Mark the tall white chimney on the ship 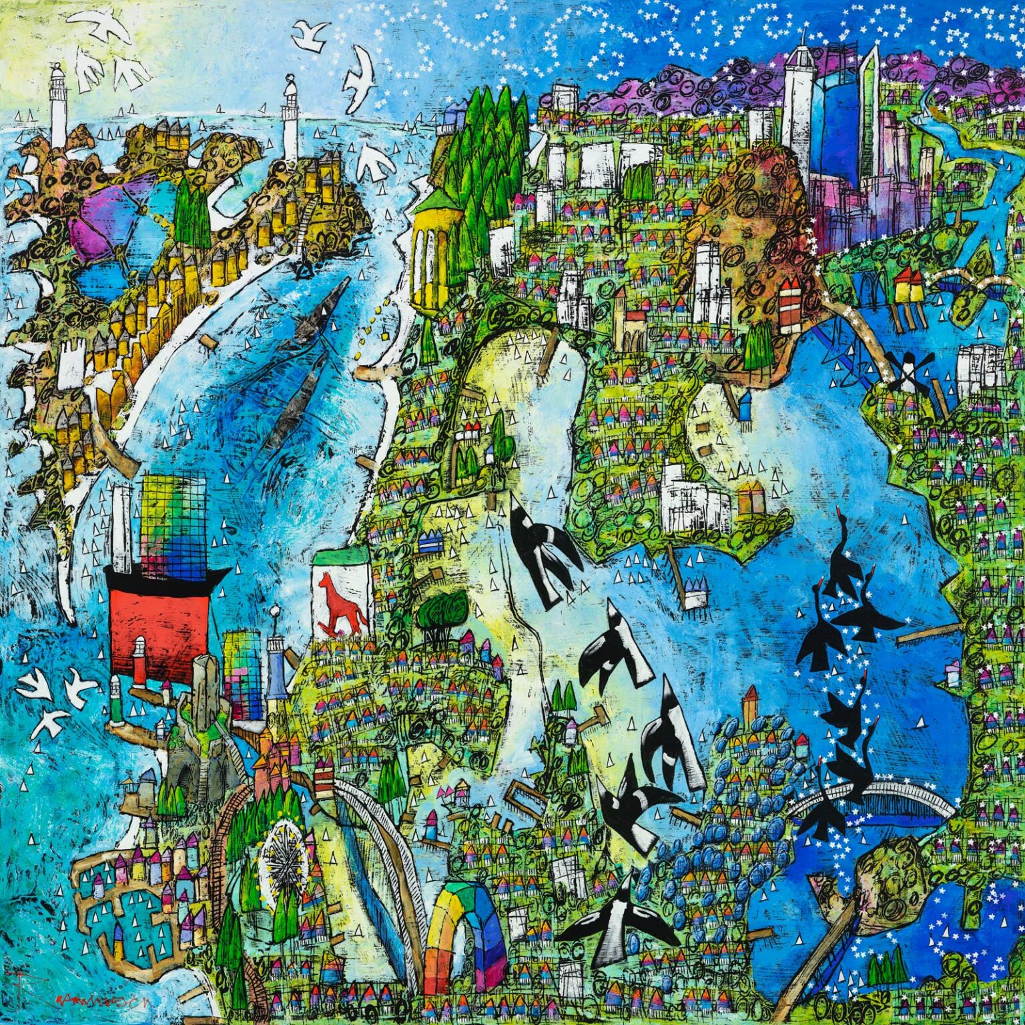(122, 527)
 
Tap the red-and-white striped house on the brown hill (789, 301)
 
